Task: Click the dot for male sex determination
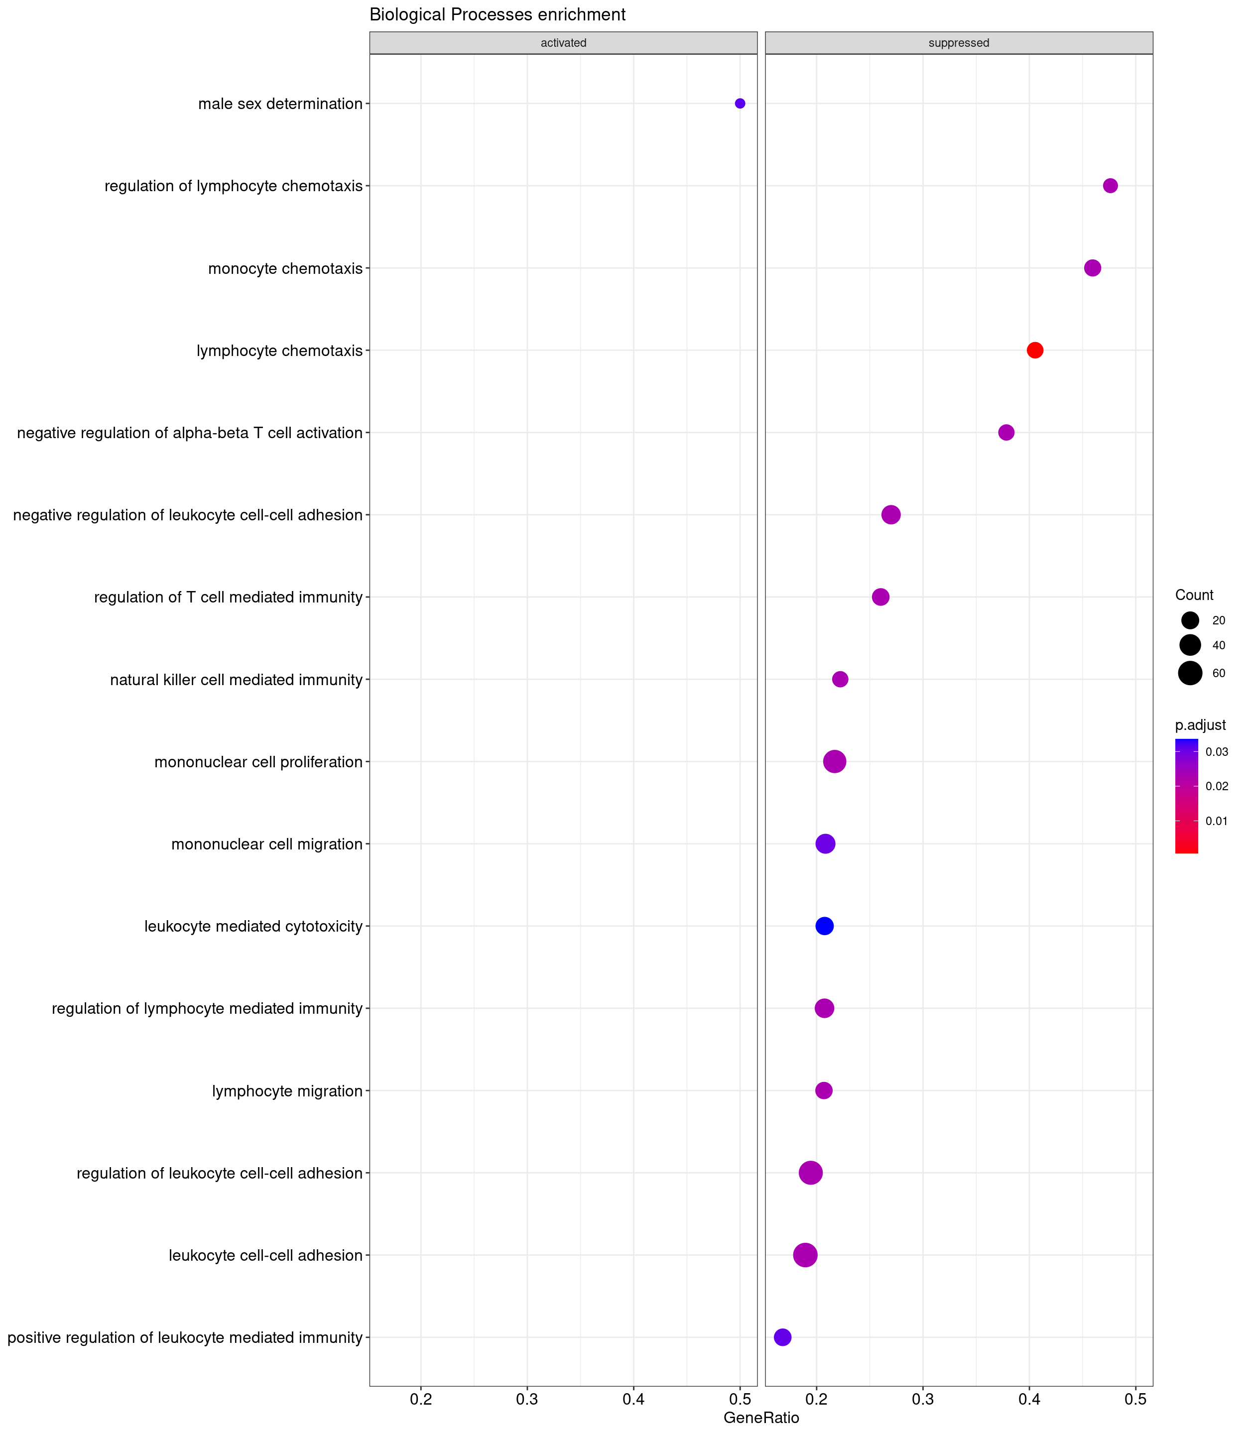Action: click(740, 104)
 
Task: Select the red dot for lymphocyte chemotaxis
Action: click(1034, 350)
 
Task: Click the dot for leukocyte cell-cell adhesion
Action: click(805, 1255)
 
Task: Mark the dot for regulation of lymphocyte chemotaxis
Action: click(1110, 186)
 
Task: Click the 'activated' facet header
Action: click(563, 43)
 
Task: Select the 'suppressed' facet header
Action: click(959, 43)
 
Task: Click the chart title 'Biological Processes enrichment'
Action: click(497, 14)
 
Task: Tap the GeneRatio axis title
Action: click(761, 1418)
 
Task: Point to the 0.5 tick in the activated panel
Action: click(740, 1398)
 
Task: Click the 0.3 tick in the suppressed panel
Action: click(922, 1398)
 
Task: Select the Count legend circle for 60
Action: click(1190, 673)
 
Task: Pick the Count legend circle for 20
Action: click(1190, 620)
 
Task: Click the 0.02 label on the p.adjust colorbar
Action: click(1217, 786)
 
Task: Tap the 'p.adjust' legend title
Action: click(1200, 725)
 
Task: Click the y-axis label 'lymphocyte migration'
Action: click(287, 1091)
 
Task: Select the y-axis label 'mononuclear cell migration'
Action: click(267, 844)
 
